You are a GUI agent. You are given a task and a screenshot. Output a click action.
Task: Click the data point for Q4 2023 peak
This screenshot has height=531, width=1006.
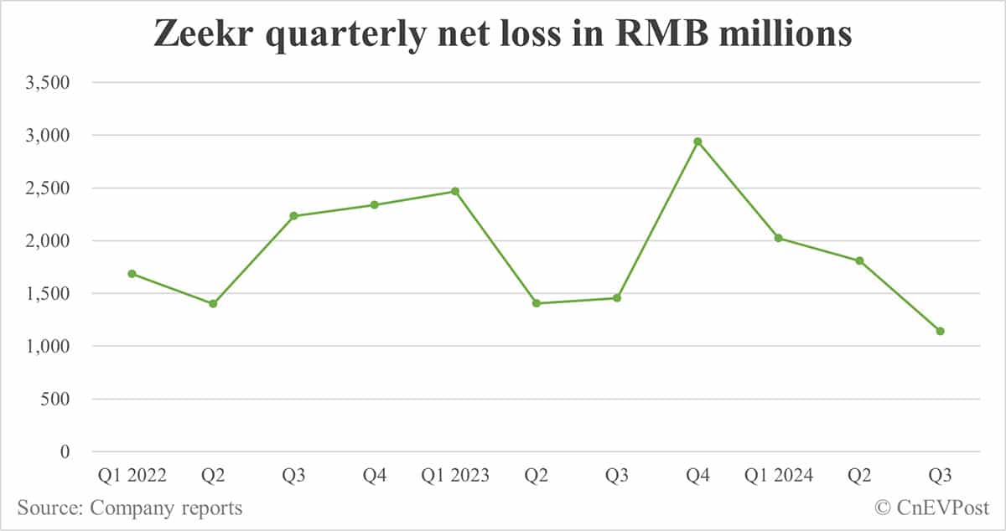[x=697, y=142]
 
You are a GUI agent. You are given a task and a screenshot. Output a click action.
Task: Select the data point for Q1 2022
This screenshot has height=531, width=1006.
[x=132, y=274]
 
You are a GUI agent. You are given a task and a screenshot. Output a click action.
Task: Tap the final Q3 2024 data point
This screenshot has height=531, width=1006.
[x=940, y=331]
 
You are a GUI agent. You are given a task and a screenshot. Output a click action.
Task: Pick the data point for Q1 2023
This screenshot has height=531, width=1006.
[x=455, y=191]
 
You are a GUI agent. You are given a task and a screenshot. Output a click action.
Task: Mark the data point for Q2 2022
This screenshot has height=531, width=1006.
[x=213, y=303]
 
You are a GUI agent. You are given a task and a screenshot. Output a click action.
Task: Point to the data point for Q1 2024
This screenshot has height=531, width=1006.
[x=779, y=238]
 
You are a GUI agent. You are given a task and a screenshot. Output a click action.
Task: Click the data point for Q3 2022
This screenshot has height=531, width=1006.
[x=293, y=216]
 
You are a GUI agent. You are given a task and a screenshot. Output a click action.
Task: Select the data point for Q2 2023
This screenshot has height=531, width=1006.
[x=536, y=303]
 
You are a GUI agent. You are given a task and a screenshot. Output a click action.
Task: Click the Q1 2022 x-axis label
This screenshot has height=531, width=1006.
[x=132, y=477]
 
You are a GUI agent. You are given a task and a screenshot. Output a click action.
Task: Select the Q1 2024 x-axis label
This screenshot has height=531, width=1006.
[x=779, y=477]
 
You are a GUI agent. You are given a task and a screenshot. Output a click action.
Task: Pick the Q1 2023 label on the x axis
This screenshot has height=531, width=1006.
[x=455, y=477]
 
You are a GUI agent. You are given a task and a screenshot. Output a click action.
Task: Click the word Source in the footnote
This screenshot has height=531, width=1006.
[x=49, y=508]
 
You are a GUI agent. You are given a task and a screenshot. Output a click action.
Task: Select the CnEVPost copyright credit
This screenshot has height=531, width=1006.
[x=932, y=508]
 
